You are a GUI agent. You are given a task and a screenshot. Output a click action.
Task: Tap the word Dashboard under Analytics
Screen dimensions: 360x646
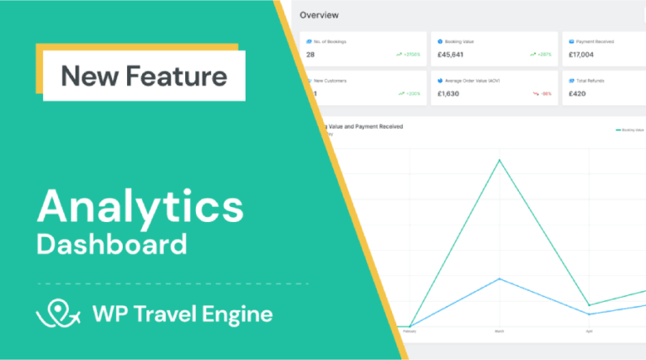[111, 245]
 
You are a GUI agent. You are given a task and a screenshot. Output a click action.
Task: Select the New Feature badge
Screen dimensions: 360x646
[144, 77]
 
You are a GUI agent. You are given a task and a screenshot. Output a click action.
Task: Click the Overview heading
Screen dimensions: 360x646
[320, 14]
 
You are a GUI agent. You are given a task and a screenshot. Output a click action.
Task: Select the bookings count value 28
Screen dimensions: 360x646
[311, 55]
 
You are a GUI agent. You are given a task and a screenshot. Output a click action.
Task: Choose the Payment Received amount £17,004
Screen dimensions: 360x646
[584, 55]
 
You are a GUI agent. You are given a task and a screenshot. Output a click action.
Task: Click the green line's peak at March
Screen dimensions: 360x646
[500, 159]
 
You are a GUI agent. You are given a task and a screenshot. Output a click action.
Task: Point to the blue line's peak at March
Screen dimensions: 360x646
[500, 278]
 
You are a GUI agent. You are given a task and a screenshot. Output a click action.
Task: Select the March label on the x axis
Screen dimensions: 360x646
[500, 331]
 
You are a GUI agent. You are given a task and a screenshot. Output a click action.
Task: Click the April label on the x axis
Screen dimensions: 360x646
[589, 331]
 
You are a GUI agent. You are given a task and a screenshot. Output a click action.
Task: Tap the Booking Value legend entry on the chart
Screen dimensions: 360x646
[630, 130]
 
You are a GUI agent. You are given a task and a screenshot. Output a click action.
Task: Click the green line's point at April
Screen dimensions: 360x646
[589, 305]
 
